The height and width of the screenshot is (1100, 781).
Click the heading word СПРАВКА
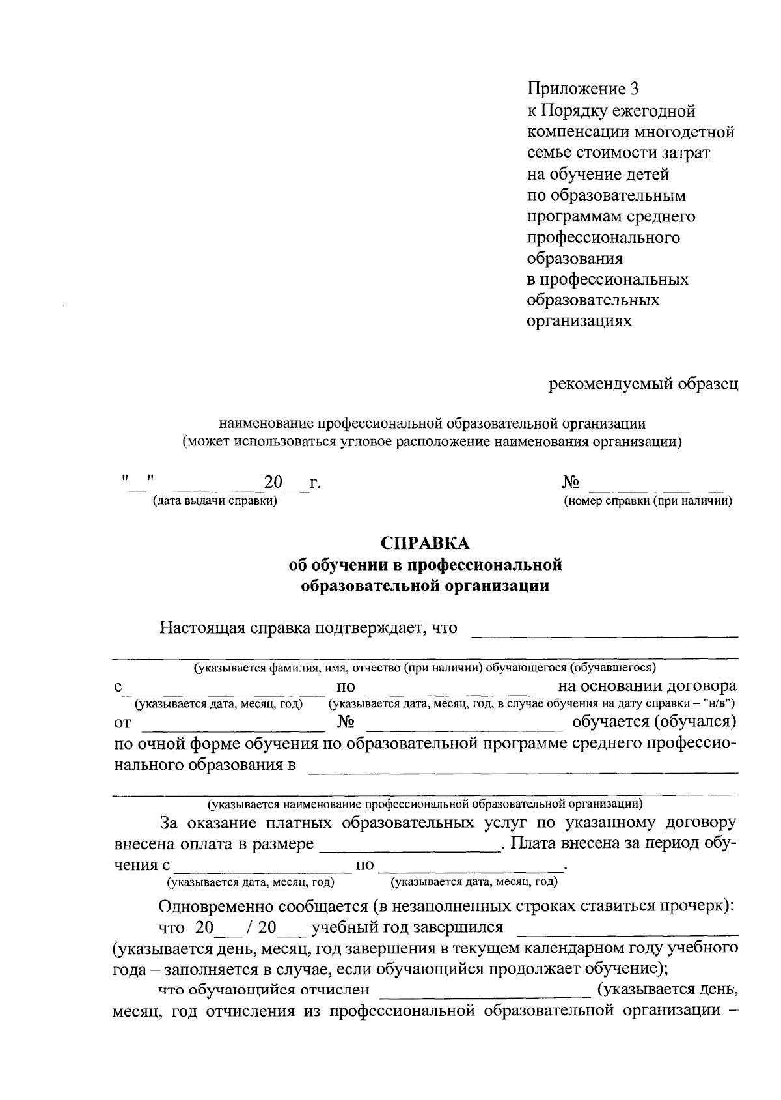424,543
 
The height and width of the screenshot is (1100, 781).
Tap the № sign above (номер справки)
571,483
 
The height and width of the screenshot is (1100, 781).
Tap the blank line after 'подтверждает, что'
604,634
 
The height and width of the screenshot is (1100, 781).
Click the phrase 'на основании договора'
647,686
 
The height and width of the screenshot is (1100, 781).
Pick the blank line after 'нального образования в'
523,772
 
